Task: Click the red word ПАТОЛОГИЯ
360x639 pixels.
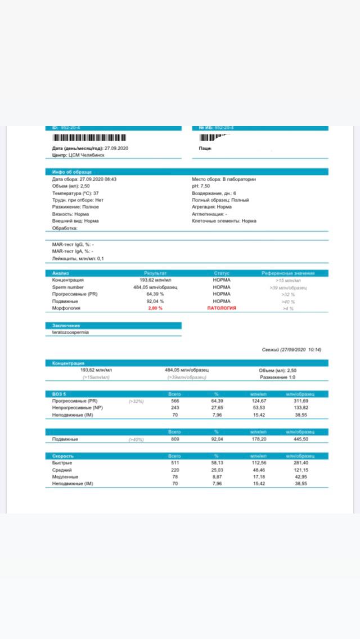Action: (222, 308)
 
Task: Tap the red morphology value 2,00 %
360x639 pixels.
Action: (155, 308)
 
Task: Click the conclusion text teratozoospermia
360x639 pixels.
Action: (70, 332)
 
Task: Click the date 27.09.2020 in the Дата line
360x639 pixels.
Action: (117, 148)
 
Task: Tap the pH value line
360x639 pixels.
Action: (201, 186)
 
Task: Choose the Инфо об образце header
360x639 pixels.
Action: (72, 171)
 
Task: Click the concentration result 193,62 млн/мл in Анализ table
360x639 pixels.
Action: (155, 280)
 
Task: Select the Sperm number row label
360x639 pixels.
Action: (68, 287)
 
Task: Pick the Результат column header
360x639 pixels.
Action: (155, 273)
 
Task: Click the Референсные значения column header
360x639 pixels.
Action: (288, 273)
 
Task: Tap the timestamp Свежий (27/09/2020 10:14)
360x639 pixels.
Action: (291, 350)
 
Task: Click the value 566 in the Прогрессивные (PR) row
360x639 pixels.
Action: (174, 401)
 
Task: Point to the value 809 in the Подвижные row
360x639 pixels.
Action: (174, 439)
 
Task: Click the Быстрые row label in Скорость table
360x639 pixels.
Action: (62, 463)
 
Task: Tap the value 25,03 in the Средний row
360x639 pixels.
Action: (216, 470)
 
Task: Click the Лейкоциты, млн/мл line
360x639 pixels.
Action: (78, 259)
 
